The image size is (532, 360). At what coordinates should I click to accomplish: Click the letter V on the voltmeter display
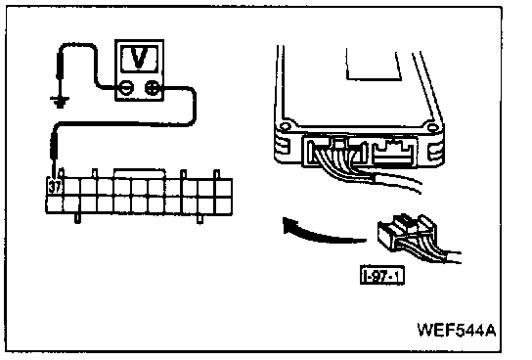pos(140,58)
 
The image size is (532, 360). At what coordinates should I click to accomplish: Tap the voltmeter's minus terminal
pos(126,88)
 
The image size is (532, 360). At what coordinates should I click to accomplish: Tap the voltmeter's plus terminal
pos(153,88)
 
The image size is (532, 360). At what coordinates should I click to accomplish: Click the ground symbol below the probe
pos(60,102)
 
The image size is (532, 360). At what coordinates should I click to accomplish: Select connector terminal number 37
pos(55,187)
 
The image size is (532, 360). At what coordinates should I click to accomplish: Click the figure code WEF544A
pos(457,330)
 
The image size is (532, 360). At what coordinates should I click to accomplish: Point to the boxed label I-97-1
pos(382,276)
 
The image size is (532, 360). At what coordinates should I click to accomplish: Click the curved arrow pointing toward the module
pos(323,233)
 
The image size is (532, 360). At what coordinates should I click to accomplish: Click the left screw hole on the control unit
pos(285,127)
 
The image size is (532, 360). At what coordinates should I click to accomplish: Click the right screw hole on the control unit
pos(432,128)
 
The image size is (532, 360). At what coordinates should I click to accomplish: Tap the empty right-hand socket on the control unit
pos(393,153)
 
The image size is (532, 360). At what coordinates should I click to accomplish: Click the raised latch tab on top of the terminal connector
pos(140,173)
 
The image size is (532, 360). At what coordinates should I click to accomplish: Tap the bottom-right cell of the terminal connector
pos(224,204)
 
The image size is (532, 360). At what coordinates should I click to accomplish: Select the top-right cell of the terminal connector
pos(224,187)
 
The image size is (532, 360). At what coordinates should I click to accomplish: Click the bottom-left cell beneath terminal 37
pos(55,204)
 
